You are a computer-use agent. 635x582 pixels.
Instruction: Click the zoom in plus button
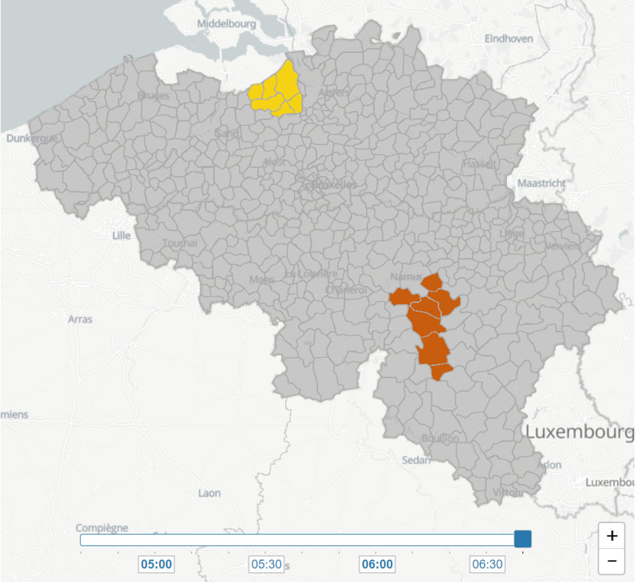coord(612,536)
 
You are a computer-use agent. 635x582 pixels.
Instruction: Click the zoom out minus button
coord(612,561)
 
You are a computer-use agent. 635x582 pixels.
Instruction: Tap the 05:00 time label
coord(157,564)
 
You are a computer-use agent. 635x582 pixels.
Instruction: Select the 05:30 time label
coord(267,564)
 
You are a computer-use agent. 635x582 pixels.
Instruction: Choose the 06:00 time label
coord(377,564)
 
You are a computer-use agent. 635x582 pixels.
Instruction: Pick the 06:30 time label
coord(487,564)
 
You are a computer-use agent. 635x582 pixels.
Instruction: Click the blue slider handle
coord(523,539)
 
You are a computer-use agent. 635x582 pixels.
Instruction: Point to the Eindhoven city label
coord(509,39)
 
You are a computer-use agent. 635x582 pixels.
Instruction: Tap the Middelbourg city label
coord(226,24)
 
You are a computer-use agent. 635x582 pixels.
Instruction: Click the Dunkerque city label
coord(32,138)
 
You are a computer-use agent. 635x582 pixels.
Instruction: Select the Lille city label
coord(121,235)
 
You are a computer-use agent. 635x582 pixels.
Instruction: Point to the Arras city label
coord(80,319)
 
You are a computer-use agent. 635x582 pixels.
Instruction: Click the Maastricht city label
coord(541,183)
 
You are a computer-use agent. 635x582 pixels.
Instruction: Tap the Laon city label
coord(209,493)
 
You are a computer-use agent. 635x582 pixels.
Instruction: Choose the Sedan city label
coord(416,460)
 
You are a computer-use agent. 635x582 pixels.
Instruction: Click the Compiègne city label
coord(102,528)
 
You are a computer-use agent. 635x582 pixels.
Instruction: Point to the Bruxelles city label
coord(334,184)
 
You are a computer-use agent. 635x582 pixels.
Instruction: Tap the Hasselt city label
coord(480,163)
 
